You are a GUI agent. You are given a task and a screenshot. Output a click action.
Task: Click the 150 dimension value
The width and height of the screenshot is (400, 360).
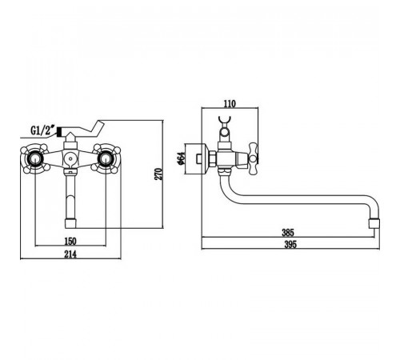tap(70, 242)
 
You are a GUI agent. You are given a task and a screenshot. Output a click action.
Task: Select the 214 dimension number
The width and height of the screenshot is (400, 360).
tap(70, 254)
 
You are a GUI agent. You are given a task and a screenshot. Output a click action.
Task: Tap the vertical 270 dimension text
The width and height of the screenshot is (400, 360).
tap(158, 174)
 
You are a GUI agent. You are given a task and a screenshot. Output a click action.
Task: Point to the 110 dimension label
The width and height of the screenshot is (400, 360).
tap(230, 103)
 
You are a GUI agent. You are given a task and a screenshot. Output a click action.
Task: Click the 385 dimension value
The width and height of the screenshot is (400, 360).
tap(288, 233)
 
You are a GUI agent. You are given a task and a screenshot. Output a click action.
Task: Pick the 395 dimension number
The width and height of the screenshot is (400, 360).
tap(290, 245)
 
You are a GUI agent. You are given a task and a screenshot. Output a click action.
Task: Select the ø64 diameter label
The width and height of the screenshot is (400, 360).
tap(181, 158)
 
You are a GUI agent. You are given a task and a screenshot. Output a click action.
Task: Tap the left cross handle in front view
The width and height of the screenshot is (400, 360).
tap(35, 158)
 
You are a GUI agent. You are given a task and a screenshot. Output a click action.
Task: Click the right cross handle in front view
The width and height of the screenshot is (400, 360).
tap(106, 158)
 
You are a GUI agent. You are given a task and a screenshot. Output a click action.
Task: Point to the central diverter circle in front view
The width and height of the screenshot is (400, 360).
tap(70, 159)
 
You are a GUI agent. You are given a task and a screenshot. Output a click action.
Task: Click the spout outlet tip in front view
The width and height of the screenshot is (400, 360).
tap(70, 223)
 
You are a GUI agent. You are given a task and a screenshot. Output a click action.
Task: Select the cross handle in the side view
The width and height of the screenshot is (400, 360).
tap(253, 158)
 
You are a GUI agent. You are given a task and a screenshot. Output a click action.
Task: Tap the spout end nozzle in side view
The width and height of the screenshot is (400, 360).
tap(374, 224)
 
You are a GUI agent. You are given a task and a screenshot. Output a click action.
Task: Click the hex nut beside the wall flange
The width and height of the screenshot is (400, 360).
tap(213, 159)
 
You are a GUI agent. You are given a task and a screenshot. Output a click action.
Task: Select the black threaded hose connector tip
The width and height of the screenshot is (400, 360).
tap(59, 132)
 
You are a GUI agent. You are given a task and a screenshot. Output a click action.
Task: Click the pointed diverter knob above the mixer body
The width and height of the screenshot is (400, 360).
tap(70, 137)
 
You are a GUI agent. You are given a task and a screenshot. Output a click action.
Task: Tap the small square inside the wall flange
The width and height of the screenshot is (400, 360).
tap(199, 158)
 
